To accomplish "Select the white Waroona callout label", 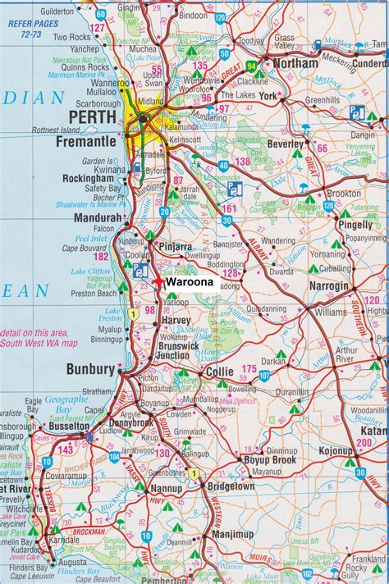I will click(x=190, y=281).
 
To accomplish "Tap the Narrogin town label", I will click(x=329, y=285).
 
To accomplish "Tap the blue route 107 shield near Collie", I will click(x=264, y=375).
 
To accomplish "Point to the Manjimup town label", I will click(x=235, y=534).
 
